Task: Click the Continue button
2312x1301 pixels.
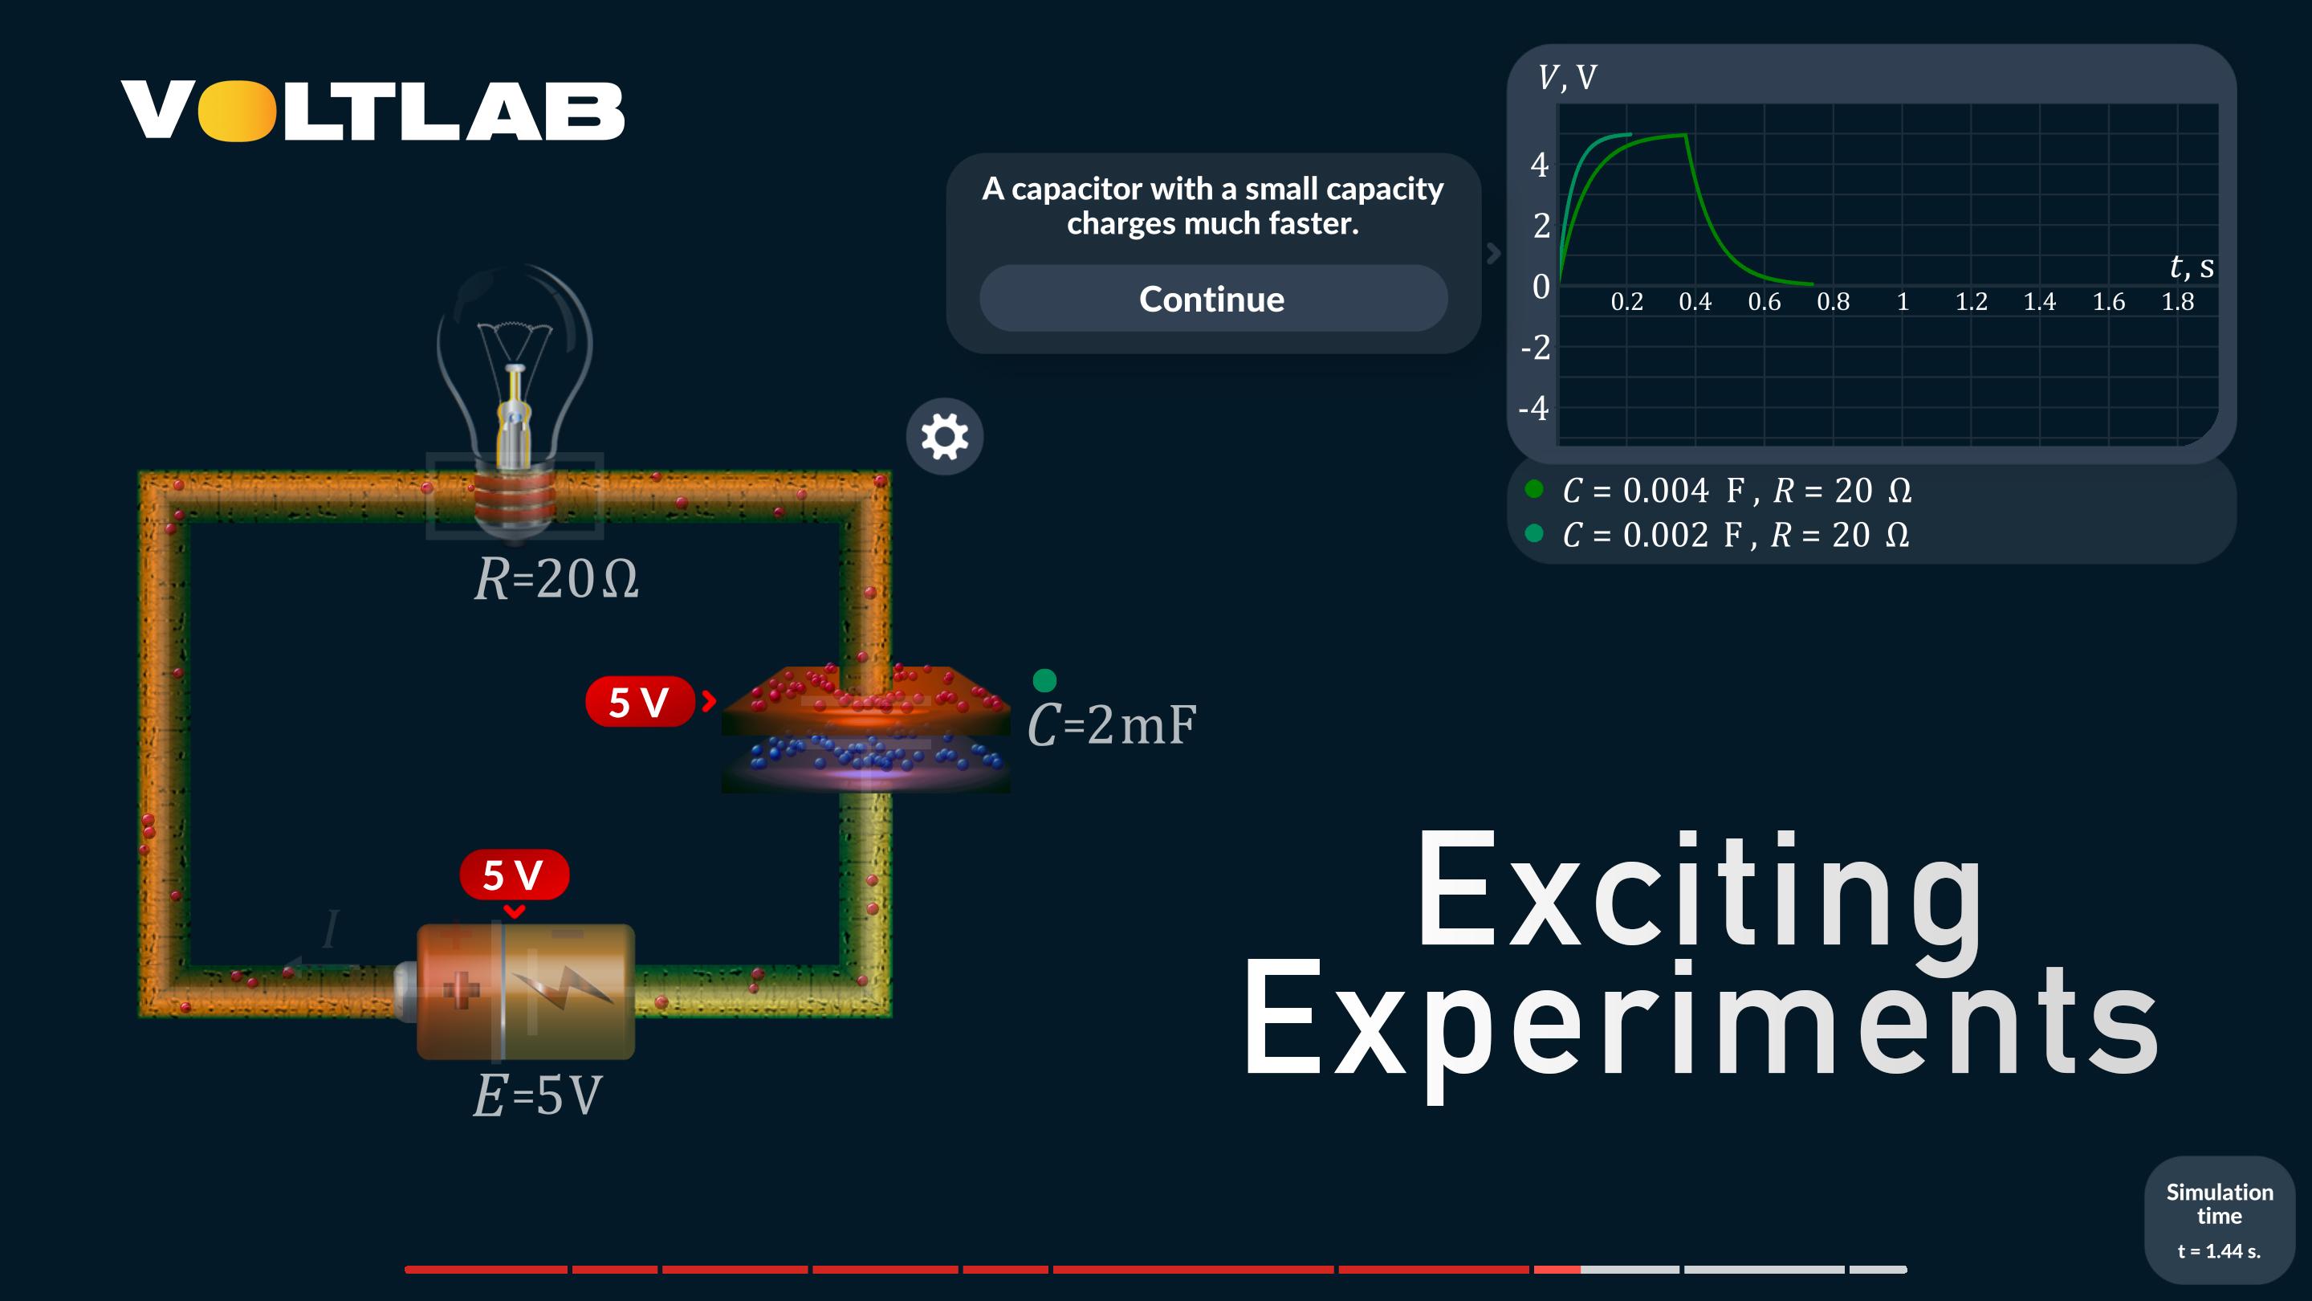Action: click(1212, 299)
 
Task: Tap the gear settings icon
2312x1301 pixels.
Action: click(944, 437)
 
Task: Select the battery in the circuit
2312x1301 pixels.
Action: click(526, 991)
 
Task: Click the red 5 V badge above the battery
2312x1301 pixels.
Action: click(514, 875)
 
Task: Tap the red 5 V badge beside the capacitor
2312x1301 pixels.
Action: click(639, 702)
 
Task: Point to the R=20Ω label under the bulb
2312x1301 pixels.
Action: click(556, 579)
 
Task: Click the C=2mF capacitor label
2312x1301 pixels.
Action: click(1112, 725)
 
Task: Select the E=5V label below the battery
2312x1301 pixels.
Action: click(538, 1096)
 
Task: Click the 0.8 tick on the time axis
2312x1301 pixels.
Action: click(1833, 302)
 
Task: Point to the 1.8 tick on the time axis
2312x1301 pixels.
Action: click(2177, 302)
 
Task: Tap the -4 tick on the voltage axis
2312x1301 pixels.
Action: click(1534, 409)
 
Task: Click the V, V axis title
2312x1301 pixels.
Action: click(1567, 78)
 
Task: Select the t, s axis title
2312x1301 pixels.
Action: click(2191, 267)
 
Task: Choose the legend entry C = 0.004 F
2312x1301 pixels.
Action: click(1736, 490)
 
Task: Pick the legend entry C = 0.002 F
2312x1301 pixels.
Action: click(1734, 535)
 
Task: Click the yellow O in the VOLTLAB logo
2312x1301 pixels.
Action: click(236, 112)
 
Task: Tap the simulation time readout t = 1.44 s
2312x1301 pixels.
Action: click(2219, 1250)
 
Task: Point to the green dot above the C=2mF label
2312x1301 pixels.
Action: click(1044, 680)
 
